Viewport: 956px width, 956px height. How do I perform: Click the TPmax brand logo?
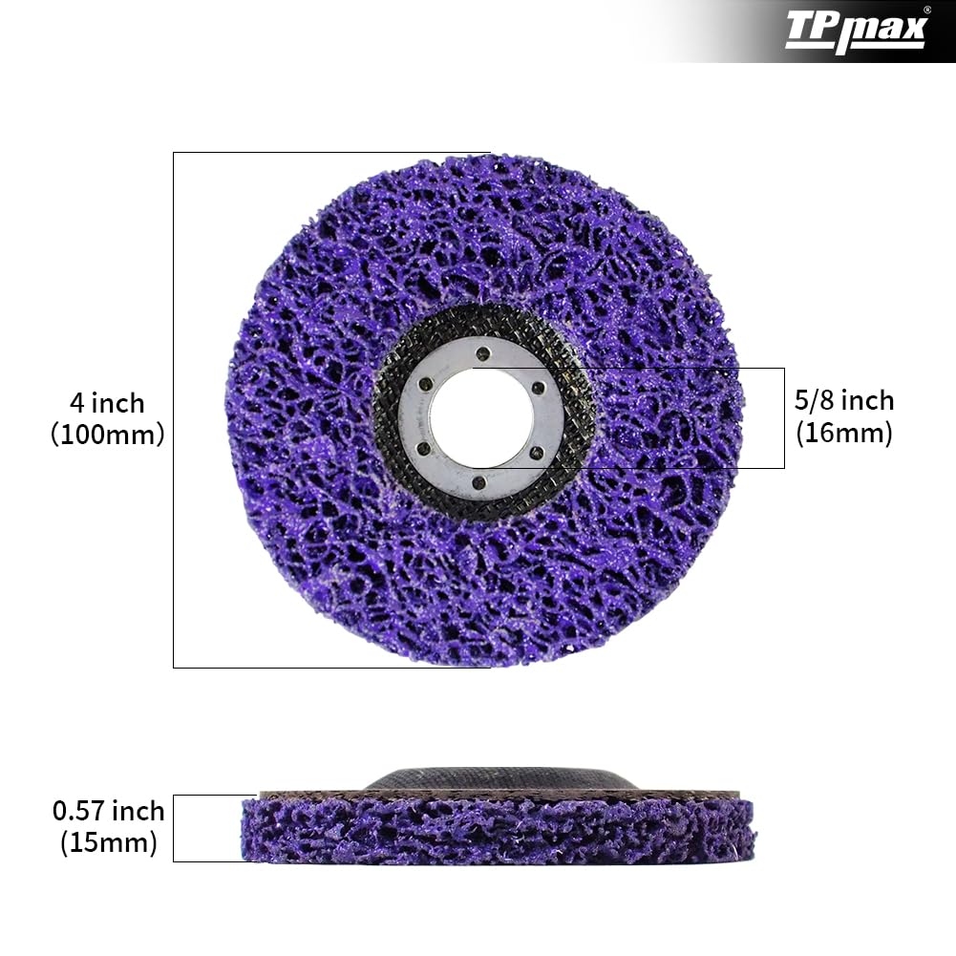[855, 32]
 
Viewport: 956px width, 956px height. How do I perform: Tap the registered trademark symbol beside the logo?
[926, 10]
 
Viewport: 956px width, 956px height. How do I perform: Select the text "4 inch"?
[107, 401]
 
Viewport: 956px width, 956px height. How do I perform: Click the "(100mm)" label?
[107, 435]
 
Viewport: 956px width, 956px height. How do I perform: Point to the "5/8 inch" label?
[844, 400]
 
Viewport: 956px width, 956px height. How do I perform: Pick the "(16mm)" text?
[844, 434]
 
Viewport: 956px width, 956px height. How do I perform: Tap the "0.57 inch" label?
[108, 812]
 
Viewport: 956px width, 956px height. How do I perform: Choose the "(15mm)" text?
[108, 843]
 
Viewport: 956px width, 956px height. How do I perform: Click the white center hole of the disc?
[481, 417]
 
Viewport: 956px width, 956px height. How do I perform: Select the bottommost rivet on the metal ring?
[481, 482]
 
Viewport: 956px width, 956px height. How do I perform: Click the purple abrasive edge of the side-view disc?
[497, 831]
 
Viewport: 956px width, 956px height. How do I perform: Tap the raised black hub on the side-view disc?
[497, 779]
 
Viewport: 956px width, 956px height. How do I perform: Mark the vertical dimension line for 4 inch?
[173, 411]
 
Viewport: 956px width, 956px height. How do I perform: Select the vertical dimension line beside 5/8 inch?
[784, 417]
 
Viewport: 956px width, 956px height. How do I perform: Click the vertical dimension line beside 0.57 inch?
[173, 828]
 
